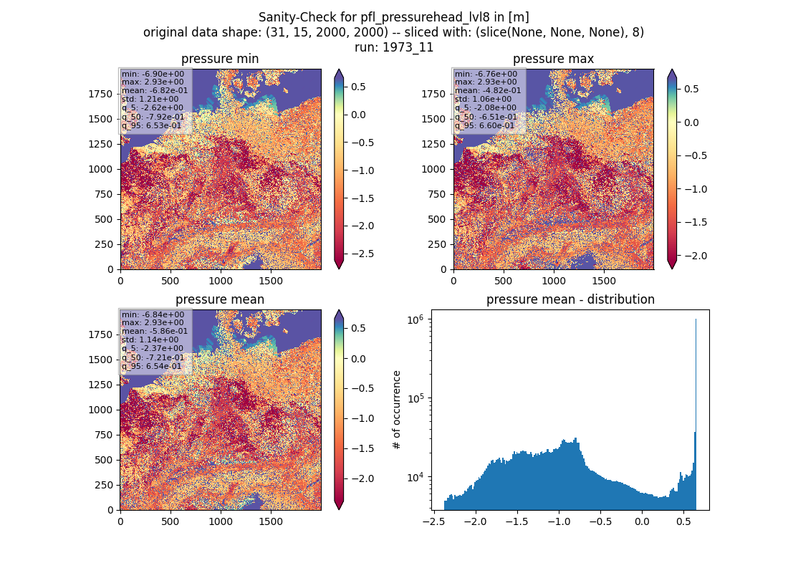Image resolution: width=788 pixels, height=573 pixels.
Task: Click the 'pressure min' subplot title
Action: (x=220, y=59)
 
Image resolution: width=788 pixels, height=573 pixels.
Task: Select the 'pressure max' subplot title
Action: (x=553, y=59)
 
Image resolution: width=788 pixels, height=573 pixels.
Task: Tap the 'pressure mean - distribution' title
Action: (x=570, y=299)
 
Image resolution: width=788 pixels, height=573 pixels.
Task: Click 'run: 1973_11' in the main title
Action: (x=394, y=47)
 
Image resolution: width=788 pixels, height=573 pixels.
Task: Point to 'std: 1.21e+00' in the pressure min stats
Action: (x=150, y=99)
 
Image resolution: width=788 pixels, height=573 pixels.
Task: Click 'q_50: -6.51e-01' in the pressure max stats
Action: (x=486, y=117)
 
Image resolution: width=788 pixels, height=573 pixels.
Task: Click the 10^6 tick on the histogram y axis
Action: (x=416, y=319)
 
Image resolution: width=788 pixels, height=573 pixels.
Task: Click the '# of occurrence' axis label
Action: (x=397, y=410)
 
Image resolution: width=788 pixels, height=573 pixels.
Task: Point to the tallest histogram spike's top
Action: (x=696, y=319)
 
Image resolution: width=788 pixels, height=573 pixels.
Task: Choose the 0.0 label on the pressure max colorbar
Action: (x=691, y=122)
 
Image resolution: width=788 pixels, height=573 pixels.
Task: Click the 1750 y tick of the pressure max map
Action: (x=433, y=94)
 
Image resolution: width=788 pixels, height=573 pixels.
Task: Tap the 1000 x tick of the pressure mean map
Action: (x=221, y=521)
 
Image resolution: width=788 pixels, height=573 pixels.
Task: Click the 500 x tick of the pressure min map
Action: (x=170, y=281)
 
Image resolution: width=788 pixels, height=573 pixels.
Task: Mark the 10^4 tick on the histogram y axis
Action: (x=416, y=477)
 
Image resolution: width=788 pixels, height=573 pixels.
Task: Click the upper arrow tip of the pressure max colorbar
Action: (x=672, y=70)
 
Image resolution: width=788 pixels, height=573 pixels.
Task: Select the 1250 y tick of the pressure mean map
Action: (x=100, y=385)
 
